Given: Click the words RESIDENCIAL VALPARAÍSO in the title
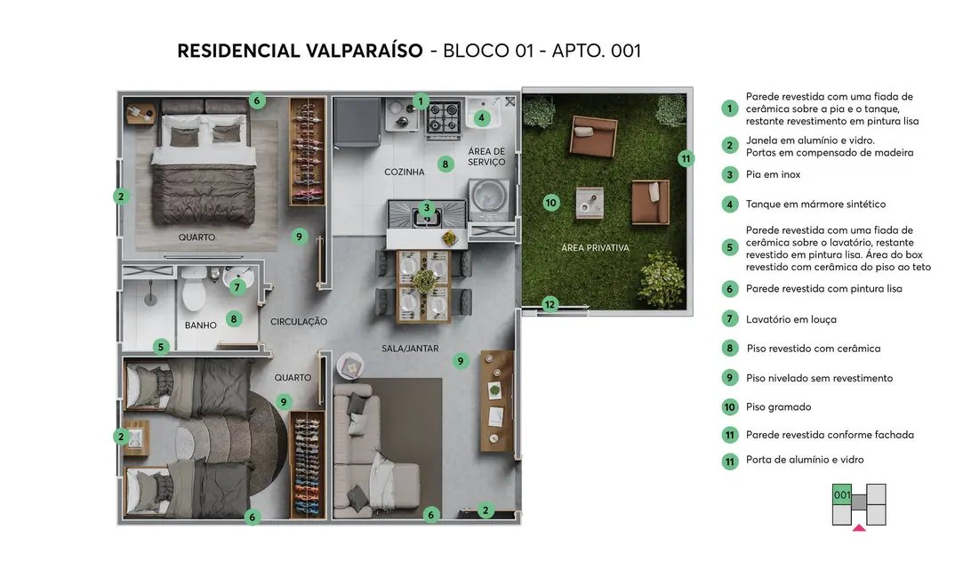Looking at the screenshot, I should pyautogui.click(x=300, y=51).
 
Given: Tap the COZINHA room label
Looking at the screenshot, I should pyautogui.click(x=404, y=172).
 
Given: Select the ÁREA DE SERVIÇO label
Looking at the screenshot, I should pyautogui.click(x=486, y=157).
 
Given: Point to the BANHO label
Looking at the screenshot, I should pyautogui.click(x=200, y=325).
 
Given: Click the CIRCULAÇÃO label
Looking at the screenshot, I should pyautogui.click(x=299, y=322).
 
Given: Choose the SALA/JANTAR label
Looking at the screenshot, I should pyautogui.click(x=410, y=349).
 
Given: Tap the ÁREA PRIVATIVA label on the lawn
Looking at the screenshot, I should pyautogui.click(x=595, y=247).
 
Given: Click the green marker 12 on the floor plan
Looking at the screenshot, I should pyautogui.click(x=550, y=305).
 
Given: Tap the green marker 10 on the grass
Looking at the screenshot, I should pyautogui.click(x=550, y=203).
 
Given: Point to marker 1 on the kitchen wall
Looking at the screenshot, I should pyautogui.click(x=421, y=102).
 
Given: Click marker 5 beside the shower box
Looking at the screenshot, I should pyautogui.click(x=161, y=347).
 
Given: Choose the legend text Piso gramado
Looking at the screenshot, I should pyautogui.click(x=778, y=407).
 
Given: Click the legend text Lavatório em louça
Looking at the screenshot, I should pyautogui.click(x=790, y=319).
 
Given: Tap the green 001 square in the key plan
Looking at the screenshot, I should pyautogui.click(x=842, y=494).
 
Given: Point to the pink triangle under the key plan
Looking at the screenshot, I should pyautogui.click(x=859, y=528).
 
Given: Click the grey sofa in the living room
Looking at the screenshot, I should pyautogui.click(x=365, y=454).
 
